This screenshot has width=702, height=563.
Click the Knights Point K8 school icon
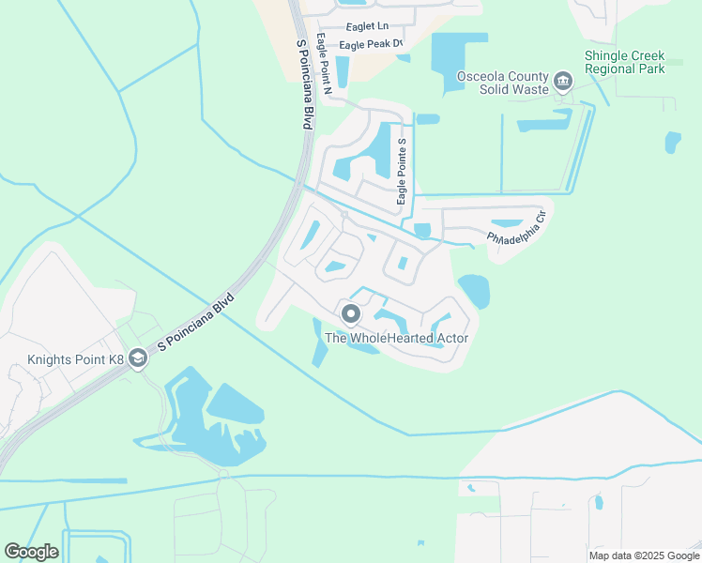click(138, 358)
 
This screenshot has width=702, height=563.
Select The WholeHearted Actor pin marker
click(352, 314)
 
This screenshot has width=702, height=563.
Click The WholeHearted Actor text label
click(396, 338)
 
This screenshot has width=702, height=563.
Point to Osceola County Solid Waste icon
click(563, 82)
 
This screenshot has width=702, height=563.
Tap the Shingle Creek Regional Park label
click(624, 62)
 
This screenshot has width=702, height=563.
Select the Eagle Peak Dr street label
click(371, 44)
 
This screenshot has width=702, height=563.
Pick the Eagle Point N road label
click(325, 65)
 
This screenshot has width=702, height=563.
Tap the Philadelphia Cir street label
click(515, 230)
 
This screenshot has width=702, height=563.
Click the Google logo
click(31, 552)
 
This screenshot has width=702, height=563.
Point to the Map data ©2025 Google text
click(645, 555)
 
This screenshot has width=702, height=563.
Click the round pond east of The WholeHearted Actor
click(474, 291)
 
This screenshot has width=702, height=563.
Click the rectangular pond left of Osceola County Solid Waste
click(458, 58)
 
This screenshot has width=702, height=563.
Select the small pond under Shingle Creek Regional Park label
click(672, 142)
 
